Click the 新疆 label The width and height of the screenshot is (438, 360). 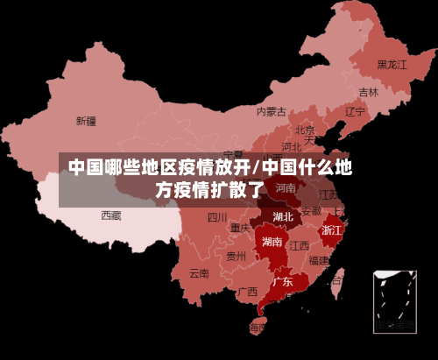pos(86,121)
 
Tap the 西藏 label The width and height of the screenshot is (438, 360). pos(111,215)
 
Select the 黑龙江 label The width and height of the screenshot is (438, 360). pos(392,64)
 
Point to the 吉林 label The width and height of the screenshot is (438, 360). pos(369,92)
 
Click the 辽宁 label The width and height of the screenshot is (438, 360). pos(355,111)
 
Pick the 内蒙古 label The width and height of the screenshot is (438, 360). pos(272,111)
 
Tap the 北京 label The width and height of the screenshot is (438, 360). pos(305,130)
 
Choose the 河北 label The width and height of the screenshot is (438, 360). pos(292,146)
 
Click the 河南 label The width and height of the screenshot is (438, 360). pos(286,187)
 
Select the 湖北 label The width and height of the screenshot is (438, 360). pos(283,216)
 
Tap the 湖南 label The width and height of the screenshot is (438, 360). pos(272,242)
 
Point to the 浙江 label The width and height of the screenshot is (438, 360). pos(332,230)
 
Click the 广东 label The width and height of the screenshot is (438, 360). pos(282,282)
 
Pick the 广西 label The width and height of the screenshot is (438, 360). pos(248,291)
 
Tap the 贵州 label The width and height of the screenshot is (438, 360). pos(236,257)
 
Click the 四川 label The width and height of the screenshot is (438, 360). pos(217,217)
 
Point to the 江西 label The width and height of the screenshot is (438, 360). pos(300,245)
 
